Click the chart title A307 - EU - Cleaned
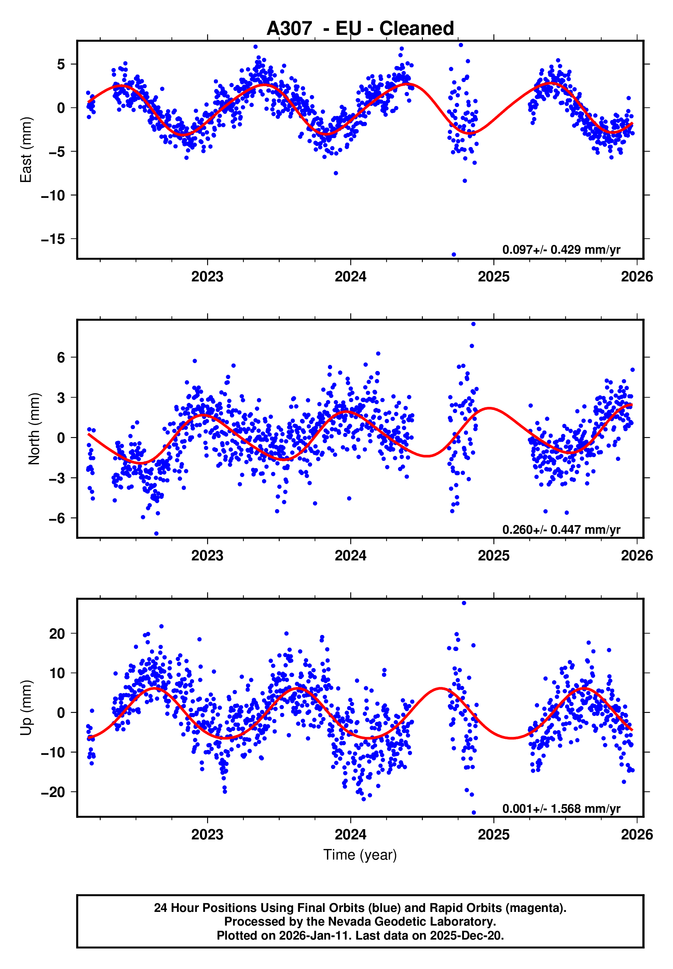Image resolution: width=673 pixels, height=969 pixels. click(360, 29)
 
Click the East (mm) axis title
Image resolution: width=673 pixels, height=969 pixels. click(26, 150)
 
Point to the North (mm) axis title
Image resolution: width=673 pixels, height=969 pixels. click(34, 429)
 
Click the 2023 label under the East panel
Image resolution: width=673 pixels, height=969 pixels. click(207, 277)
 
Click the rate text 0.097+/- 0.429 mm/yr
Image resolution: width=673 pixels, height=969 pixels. click(561, 250)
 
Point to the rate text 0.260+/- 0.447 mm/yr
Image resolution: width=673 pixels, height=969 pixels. click(561, 530)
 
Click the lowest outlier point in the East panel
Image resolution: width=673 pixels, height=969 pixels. click(454, 254)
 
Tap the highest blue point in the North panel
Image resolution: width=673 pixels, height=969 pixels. click(473, 324)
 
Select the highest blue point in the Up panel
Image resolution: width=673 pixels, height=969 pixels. click(464, 603)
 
